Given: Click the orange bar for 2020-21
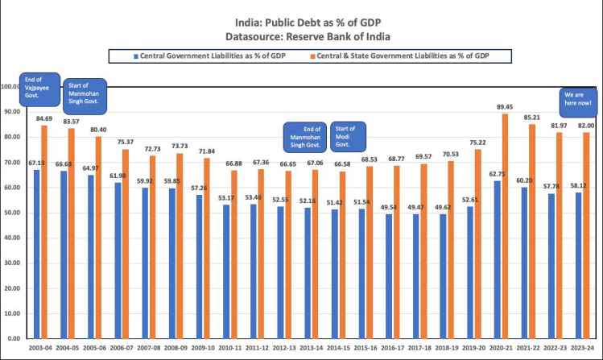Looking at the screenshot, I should (504, 226).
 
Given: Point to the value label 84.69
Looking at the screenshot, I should (45, 118).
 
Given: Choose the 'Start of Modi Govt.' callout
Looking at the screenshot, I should (346, 136).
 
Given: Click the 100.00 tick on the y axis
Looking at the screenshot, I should (10, 86).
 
